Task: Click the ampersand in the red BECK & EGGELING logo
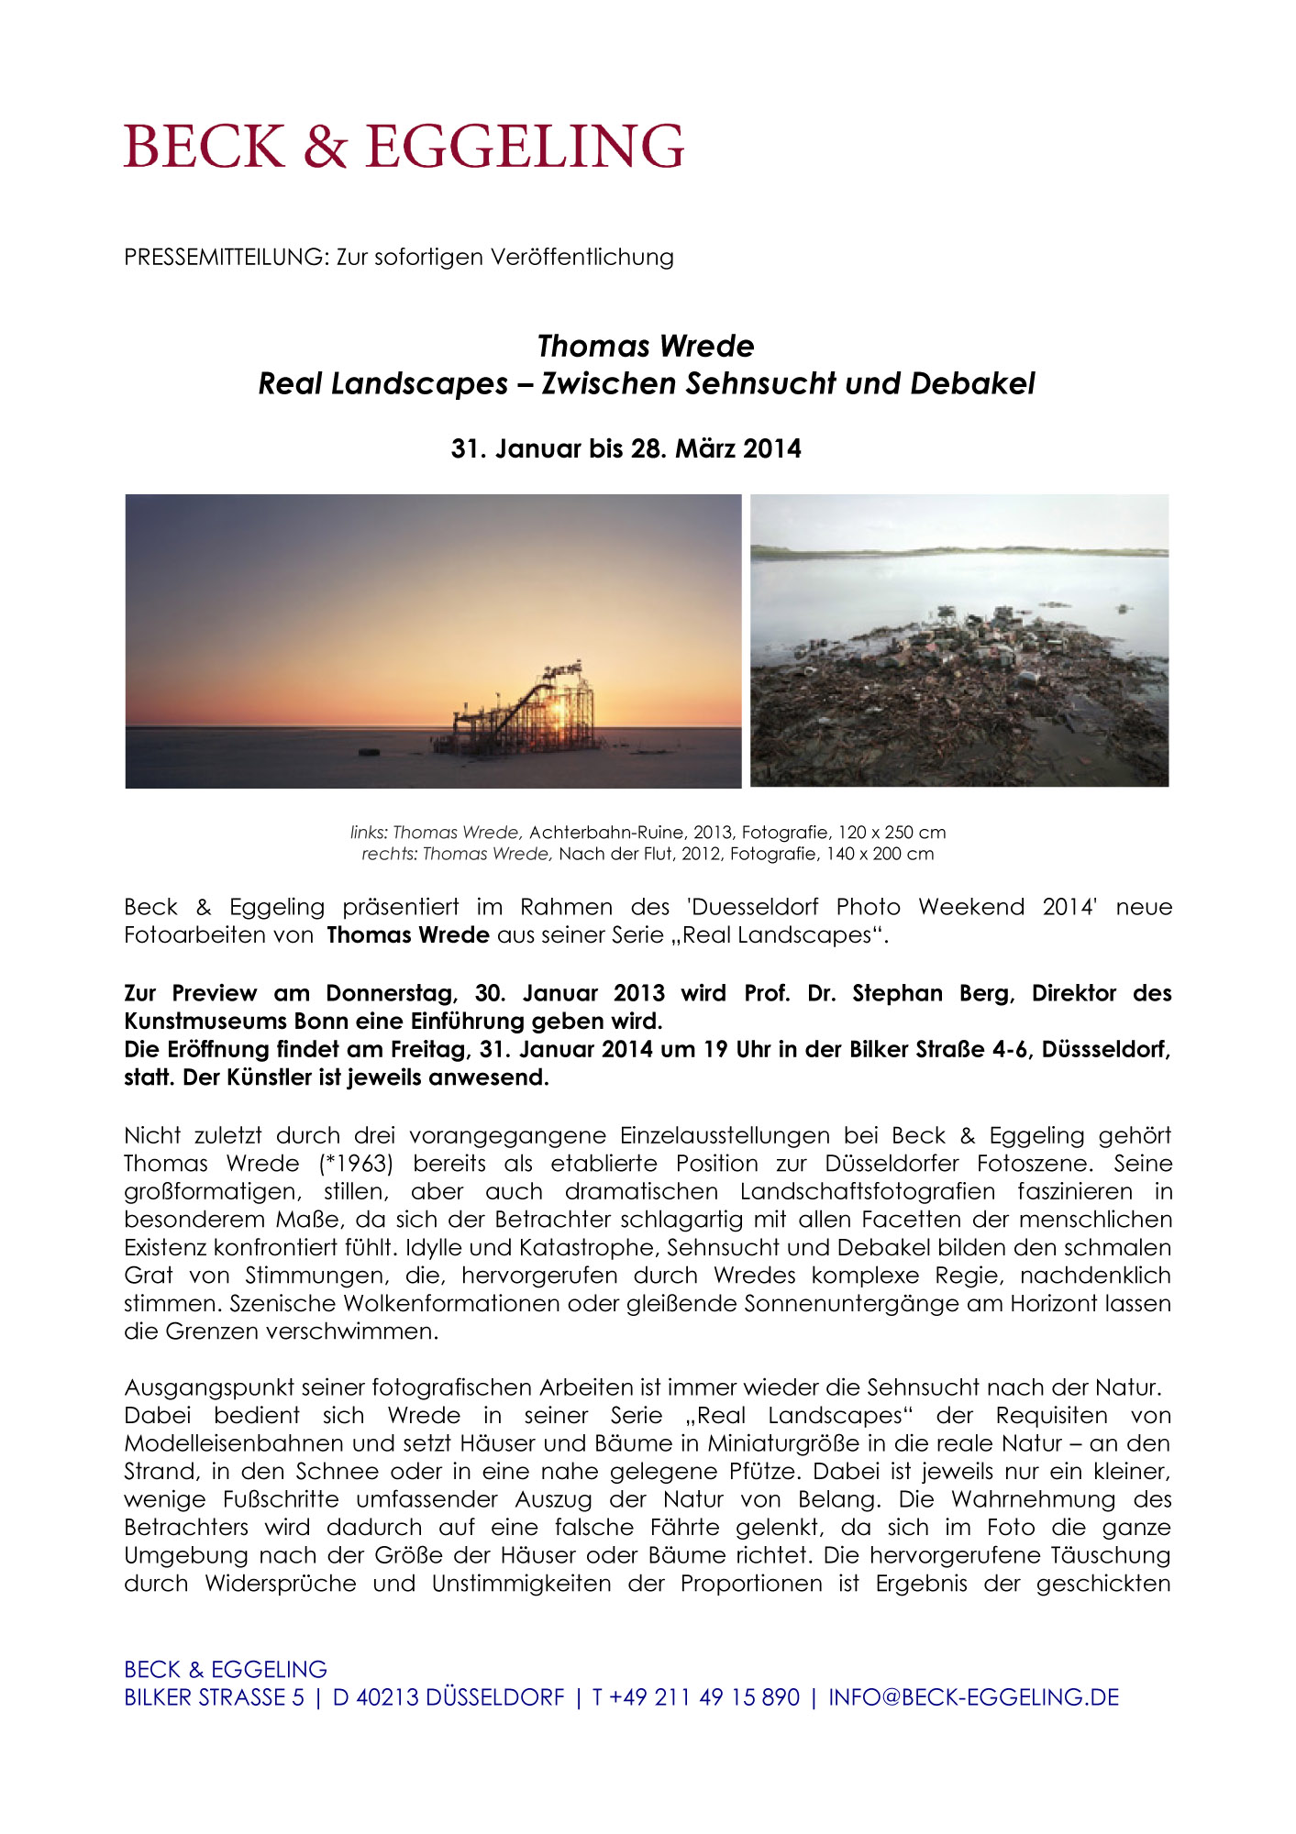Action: pyautogui.click(x=326, y=147)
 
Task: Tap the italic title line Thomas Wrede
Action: pyautogui.click(x=646, y=346)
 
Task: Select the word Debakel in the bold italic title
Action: pyautogui.click(x=972, y=383)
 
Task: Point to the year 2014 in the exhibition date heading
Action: pyautogui.click(x=772, y=448)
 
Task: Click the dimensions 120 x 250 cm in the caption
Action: pyautogui.click(x=892, y=833)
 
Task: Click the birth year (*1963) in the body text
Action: pyautogui.click(x=357, y=1164)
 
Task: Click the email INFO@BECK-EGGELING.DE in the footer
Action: pyautogui.click(x=973, y=1697)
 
